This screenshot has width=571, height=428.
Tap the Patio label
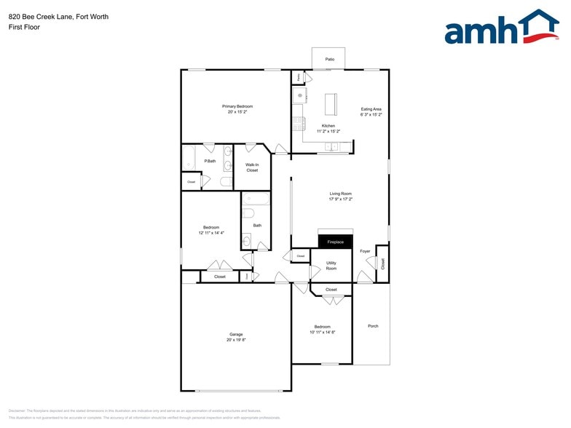coord(329,58)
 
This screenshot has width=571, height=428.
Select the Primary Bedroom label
coord(237,106)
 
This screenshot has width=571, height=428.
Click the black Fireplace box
coord(335,242)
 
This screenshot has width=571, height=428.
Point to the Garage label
coord(236,334)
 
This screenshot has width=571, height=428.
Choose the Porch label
coord(373,325)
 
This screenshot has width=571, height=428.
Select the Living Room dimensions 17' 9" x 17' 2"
coord(340,199)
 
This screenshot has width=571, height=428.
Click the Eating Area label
coord(371,109)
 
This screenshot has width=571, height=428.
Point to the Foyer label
coord(365,251)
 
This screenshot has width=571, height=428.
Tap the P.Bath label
coord(209,161)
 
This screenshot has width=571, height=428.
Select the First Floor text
coord(24,27)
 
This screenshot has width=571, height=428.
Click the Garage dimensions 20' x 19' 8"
coord(236,340)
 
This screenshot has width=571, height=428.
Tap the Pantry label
coord(298,76)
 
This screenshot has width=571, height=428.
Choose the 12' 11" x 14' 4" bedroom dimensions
coord(211,233)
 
